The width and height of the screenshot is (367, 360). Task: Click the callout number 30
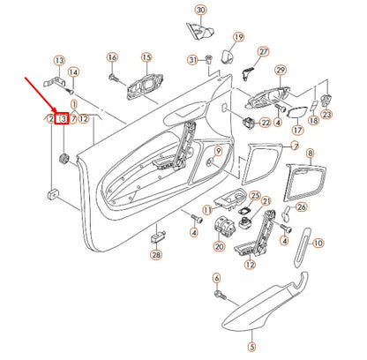click(201, 10)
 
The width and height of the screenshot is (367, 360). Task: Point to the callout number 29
click(281, 70)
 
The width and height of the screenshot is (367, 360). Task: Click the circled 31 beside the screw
click(192, 59)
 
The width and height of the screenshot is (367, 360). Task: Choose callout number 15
click(146, 56)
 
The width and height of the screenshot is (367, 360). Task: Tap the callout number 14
click(73, 72)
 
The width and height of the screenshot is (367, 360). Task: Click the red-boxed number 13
click(62, 119)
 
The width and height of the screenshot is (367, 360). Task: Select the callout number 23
click(326, 114)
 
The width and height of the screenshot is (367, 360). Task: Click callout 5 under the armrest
click(251, 348)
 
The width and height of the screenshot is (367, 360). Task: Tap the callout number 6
click(216, 278)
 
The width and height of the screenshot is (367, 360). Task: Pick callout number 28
click(156, 254)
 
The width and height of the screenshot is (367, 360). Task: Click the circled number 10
click(318, 242)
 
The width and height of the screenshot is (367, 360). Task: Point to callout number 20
click(219, 247)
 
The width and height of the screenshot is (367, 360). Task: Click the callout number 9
click(310, 154)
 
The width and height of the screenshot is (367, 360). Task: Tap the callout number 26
click(300, 208)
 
